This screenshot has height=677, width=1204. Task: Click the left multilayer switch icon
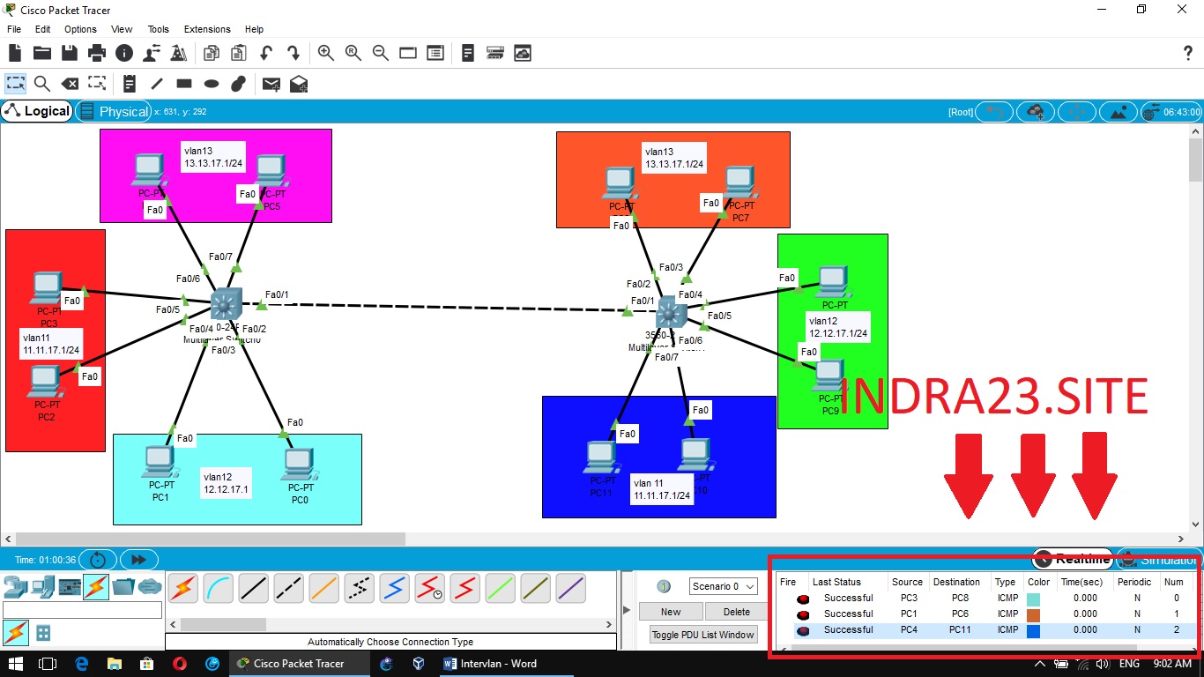pyautogui.click(x=226, y=305)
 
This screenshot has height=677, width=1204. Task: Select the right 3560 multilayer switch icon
pyautogui.click(x=671, y=312)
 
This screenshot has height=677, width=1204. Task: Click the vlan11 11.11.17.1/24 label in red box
pyautogui.click(x=52, y=343)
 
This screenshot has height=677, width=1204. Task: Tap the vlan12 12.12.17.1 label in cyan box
pyautogui.click(x=227, y=483)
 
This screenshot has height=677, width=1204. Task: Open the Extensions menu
pyautogui.click(x=207, y=29)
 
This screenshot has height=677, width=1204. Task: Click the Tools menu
pyautogui.click(x=159, y=29)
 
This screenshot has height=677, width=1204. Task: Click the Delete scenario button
pyautogui.click(x=737, y=612)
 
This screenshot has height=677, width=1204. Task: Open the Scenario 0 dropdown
pyautogui.click(x=723, y=586)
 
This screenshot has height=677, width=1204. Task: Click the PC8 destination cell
pyautogui.click(x=960, y=599)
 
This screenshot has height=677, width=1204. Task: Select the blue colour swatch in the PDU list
pyautogui.click(x=1034, y=630)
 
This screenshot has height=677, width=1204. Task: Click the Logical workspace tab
pyautogui.click(x=38, y=111)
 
